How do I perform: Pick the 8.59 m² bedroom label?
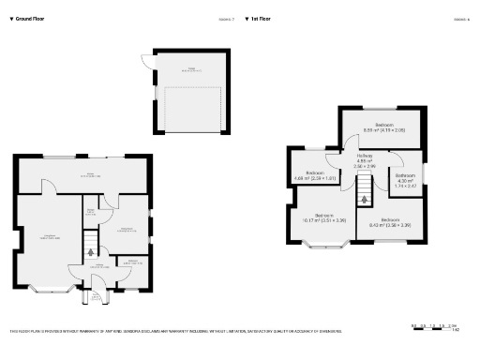pyautogui.click(x=383, y=127)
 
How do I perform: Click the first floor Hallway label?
pyautogui.click(x=365, y=161)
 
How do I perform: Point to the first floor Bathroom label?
pyautogui.click(x=405, y=179)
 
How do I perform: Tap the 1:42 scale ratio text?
pyautogui.click(x=455, y=330)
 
